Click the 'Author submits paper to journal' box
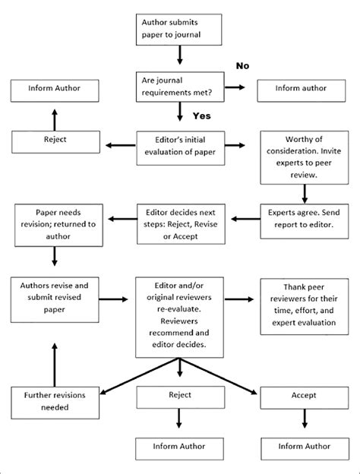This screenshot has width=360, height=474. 179,29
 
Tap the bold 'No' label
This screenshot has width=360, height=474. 242,66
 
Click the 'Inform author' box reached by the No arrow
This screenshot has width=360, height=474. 305,88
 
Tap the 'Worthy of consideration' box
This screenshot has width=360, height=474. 305,157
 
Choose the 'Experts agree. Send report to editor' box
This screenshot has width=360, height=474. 305,219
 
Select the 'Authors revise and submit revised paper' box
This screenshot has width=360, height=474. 55,296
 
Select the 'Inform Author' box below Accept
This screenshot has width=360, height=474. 305,447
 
